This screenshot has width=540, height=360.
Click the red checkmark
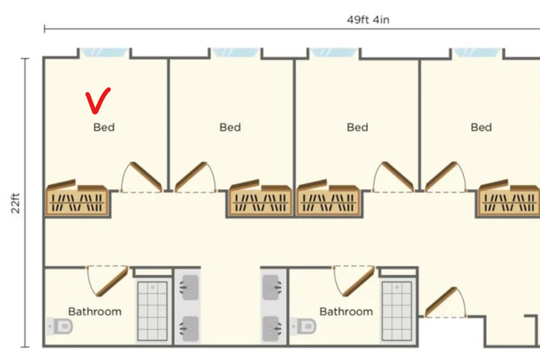[x=98, y=101]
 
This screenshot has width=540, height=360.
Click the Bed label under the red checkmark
[x=104, y=127]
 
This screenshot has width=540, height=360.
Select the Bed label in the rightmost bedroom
[x=481, y=127]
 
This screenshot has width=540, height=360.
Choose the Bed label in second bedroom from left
[x=230, y=127]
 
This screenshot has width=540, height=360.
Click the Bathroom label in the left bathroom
[x=95, y=312]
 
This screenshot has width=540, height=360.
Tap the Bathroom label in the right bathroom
[x=346, y=312]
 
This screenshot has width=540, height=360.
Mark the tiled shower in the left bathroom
[x=151, y=310]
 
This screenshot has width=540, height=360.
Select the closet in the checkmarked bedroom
[x=77, y=199]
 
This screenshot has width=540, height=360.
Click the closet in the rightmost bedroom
[x=509, y=199]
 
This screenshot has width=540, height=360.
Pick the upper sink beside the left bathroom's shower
[x=188, y=286]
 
